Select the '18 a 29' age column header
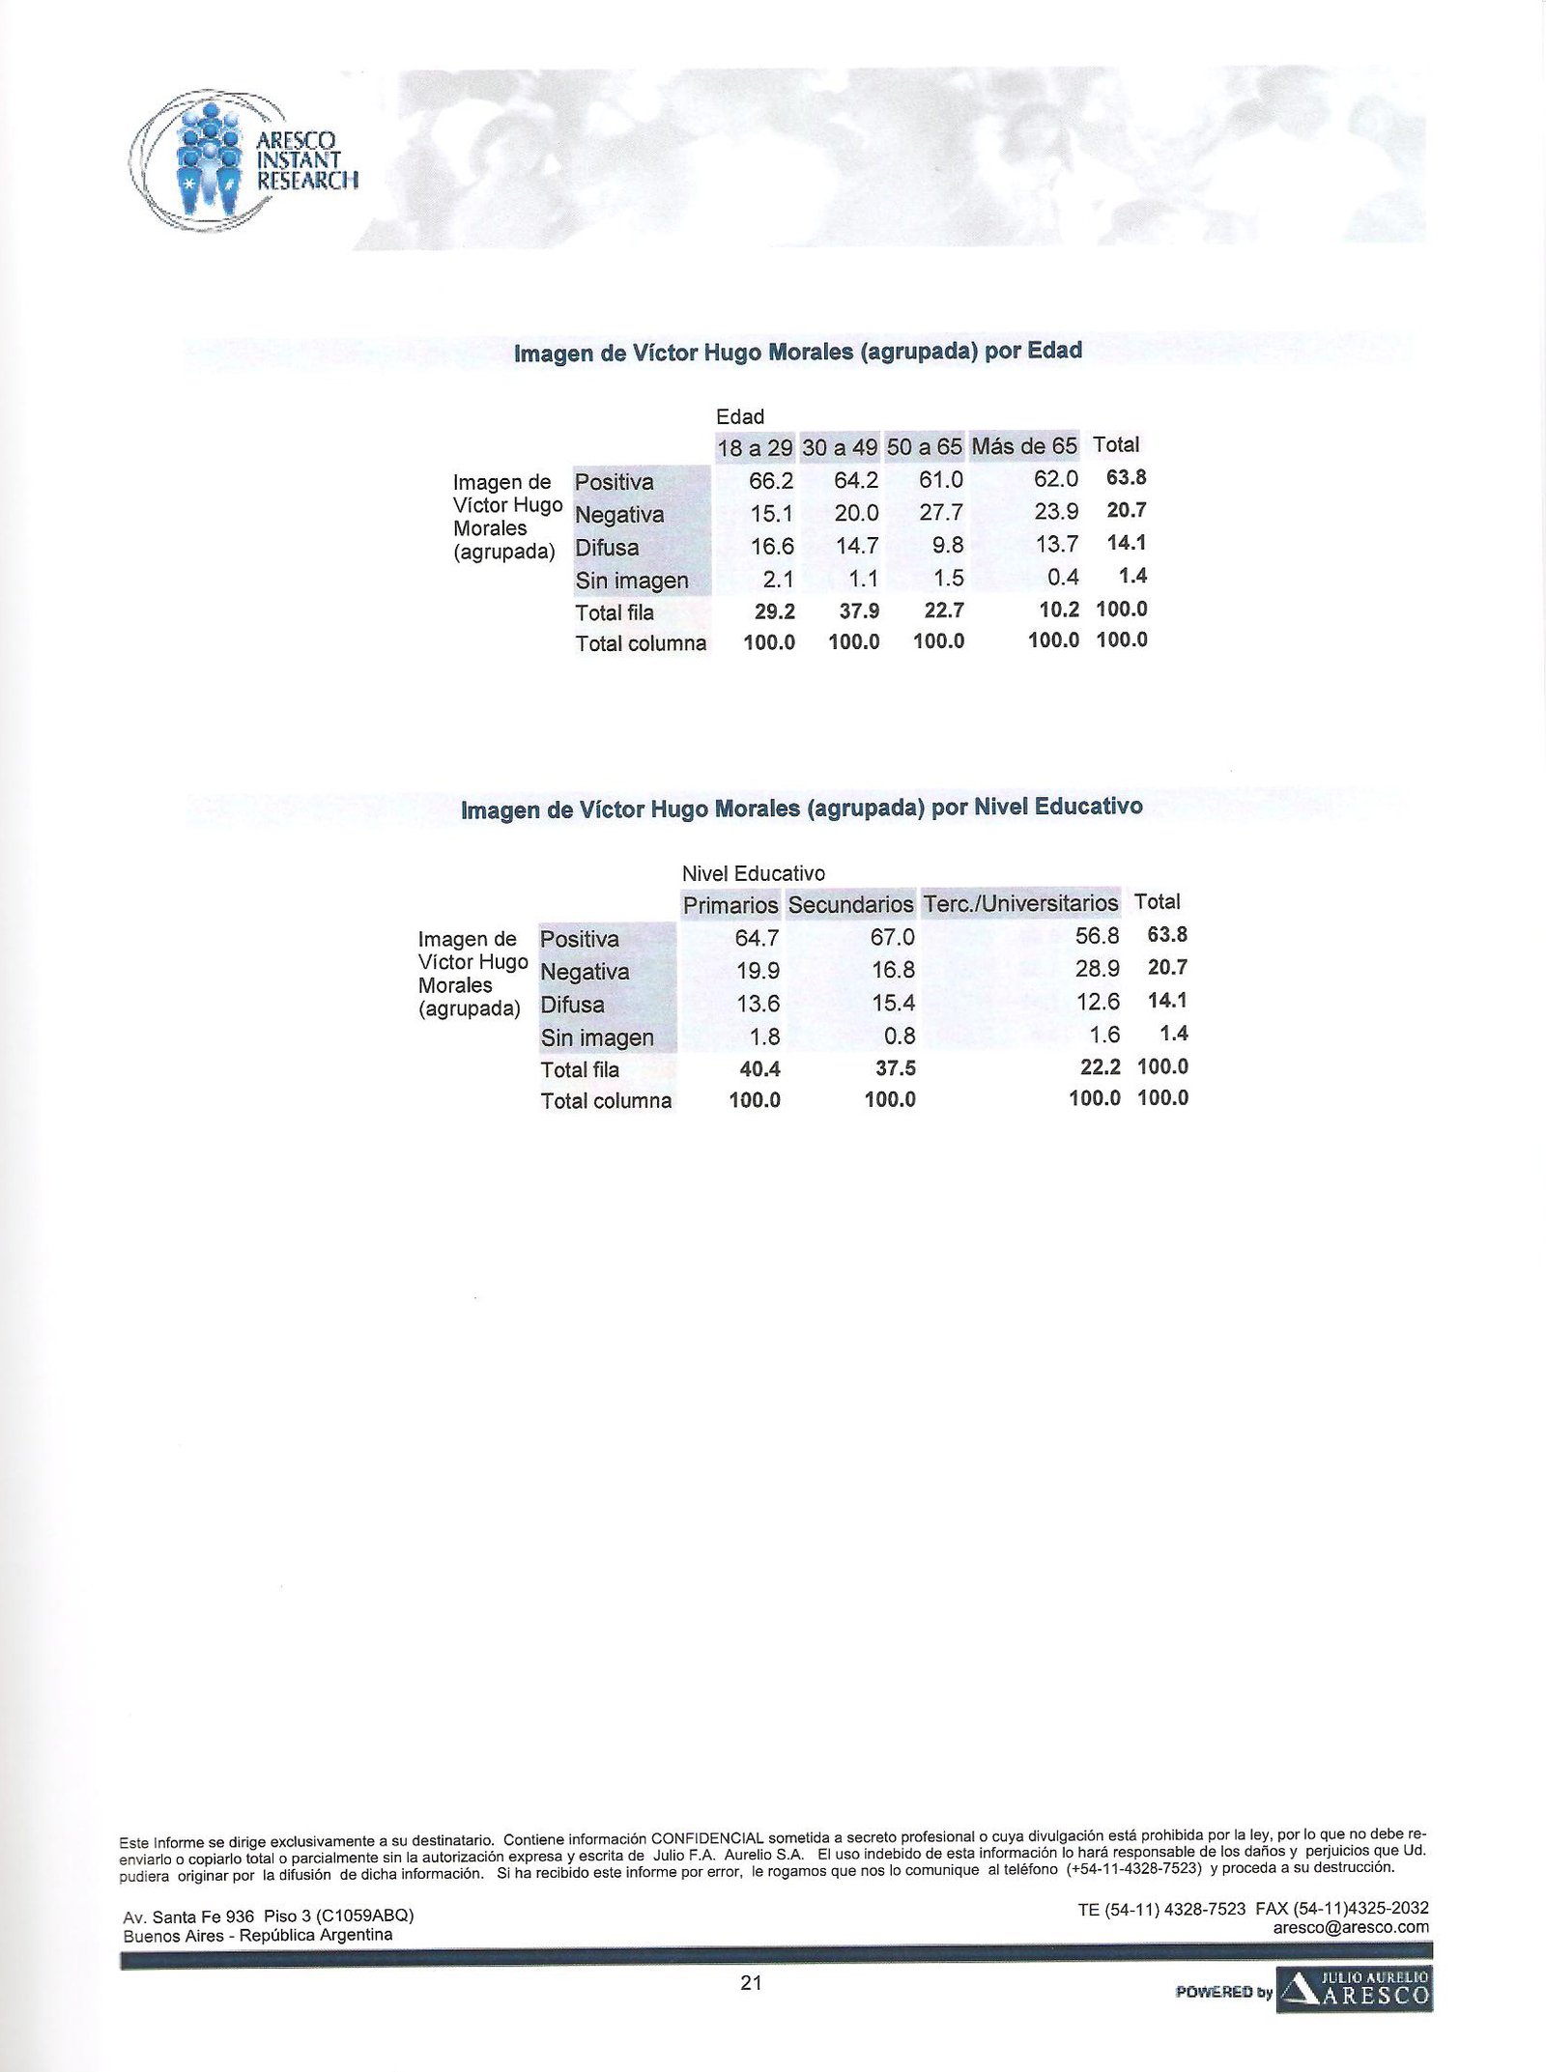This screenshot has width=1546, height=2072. point(755,448)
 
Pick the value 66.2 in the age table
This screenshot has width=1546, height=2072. point(771,481)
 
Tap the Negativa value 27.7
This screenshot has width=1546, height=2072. point(940,514)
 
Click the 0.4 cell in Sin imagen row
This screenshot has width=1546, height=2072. point(1063,580)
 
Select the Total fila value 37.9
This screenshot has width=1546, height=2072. point(854,610)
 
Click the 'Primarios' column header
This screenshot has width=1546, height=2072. point(730,905)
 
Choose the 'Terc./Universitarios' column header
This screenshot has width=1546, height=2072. point(1020,904)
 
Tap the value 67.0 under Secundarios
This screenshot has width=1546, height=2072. point(892,938)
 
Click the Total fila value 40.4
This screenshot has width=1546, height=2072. point(755,1067)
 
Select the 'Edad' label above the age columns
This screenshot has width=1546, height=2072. point(740,417)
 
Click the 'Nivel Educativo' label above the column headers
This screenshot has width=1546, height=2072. point(754,873)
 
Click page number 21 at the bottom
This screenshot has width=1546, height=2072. point(751,1984)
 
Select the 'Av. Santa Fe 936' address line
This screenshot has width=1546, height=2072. point(188,1916)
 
